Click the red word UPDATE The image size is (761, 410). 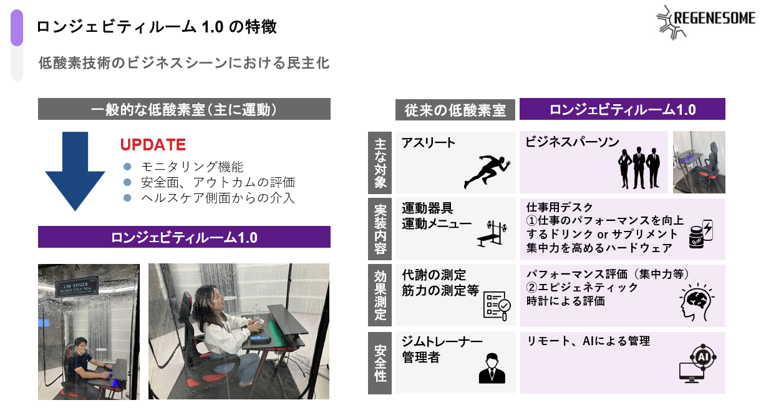153,145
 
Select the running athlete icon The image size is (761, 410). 487,170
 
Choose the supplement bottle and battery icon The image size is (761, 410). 700,233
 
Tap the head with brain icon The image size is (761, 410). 697,303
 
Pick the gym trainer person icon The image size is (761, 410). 492,368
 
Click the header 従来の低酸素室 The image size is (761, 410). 455,110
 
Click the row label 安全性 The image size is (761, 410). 380,363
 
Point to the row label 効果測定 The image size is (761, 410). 380,295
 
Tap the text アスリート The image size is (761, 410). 429,142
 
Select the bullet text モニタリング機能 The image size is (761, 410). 192,167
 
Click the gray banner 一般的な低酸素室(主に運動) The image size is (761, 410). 184,110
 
